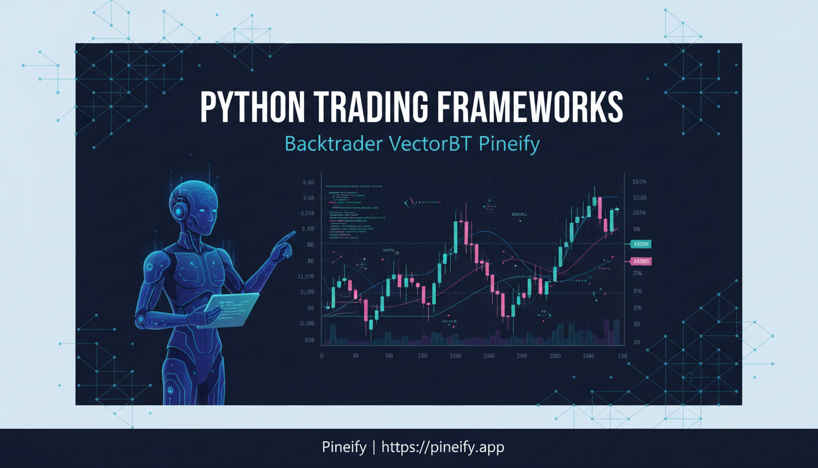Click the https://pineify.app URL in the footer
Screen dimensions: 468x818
443,447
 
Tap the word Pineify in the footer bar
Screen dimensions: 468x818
344,447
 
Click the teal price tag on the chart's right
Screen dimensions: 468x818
641,244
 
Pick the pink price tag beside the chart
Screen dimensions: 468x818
641,261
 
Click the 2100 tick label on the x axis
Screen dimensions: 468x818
488,356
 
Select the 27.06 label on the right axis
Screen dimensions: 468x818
639,197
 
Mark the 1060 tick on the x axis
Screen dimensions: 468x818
587,356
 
